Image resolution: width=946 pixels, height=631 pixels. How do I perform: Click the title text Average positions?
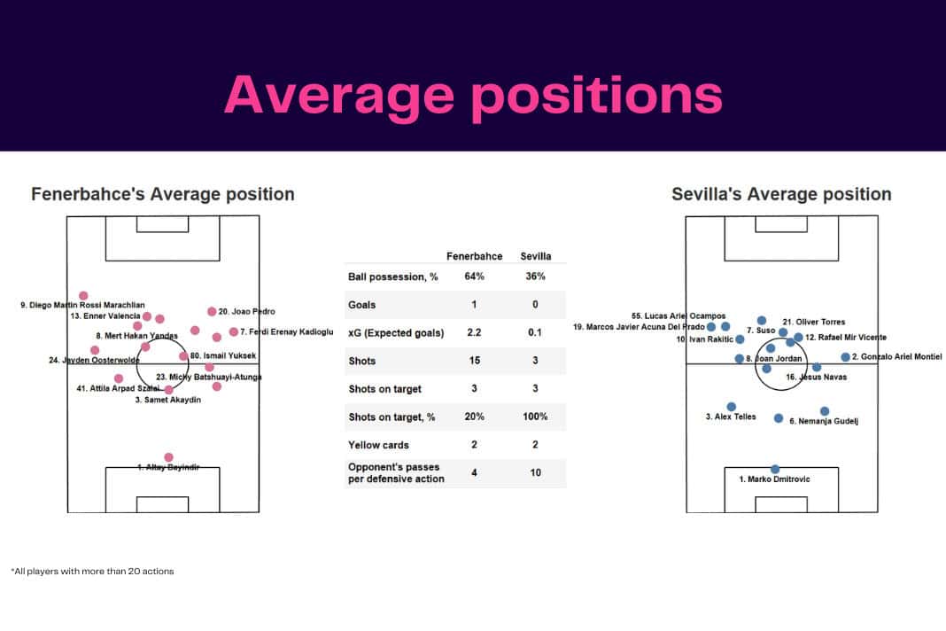tap(473, 94)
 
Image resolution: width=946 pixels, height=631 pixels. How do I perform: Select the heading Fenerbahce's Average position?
tap(163, 194)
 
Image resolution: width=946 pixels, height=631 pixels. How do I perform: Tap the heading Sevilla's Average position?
tap(781, 194)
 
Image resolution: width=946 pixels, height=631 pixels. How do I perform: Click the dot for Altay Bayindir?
tap(168, 457)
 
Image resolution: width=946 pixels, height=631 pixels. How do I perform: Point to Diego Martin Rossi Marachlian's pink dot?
tap(84, 296)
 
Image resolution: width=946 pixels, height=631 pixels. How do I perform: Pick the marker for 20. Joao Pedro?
tap(212, 311)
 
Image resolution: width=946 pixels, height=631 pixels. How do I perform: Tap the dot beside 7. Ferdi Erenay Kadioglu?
tap(233, 332)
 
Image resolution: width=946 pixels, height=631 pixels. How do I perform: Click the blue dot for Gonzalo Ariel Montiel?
tap(845, 357)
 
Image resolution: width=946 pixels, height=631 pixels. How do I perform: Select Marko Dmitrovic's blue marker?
tap(775, 469)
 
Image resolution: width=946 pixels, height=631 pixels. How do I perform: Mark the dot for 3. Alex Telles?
tap(732, 407)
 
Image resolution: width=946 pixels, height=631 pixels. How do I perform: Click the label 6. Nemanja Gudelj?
tap(824, 422)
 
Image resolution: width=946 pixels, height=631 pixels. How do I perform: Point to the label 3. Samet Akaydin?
tap(168, 401)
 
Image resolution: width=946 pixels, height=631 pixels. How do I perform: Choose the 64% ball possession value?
tap(474, 277)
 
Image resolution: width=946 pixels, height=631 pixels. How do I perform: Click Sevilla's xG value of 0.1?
tap(535, 332)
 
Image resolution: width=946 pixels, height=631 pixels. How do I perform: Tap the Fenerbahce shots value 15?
tap(474, 361)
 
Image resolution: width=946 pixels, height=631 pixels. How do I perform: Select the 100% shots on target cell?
tap(535, 417)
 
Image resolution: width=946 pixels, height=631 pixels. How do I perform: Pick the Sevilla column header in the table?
tap(535, 256)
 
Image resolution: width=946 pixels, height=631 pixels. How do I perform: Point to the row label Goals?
tap(362, 305)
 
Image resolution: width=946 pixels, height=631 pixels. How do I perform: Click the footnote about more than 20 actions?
tap(93, 572)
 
